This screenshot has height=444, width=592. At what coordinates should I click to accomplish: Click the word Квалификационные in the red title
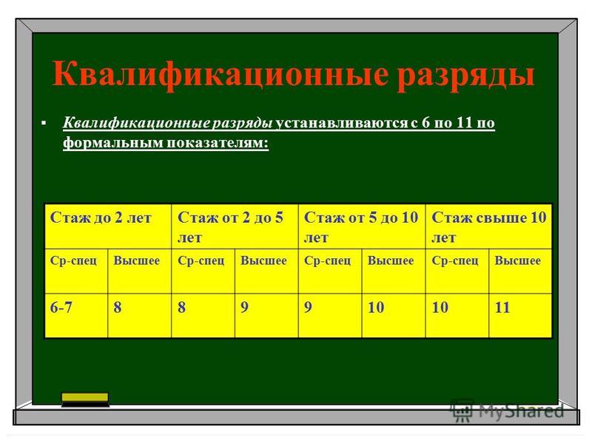pos(220,74)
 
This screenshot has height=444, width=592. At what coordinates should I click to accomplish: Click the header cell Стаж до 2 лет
pos(108,226)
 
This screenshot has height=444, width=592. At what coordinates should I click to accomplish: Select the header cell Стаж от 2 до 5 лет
pos(235,226)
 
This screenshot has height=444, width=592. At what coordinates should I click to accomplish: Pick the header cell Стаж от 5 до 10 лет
pos(362,226)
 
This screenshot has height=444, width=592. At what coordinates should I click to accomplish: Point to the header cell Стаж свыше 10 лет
pos(489,226)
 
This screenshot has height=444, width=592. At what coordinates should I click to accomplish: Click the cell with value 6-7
pos(76,316)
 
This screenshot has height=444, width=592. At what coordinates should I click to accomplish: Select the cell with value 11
pos(521,316)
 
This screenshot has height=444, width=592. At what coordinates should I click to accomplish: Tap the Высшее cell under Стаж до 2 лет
pos(140,271)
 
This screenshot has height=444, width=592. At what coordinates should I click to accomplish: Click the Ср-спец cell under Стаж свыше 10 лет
pos(457,271)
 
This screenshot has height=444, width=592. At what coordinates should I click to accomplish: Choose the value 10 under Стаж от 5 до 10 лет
pos(394,316)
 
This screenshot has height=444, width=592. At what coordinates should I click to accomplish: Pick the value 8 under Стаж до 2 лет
pos(140,316)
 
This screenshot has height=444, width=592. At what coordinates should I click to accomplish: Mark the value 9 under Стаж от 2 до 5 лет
pos(266,316)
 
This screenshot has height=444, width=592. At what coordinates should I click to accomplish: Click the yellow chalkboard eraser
pos(85,400)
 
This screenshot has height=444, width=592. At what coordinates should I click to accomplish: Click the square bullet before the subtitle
pos(44,123)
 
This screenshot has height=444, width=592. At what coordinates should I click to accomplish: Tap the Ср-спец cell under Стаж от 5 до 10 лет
pos(330,271)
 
